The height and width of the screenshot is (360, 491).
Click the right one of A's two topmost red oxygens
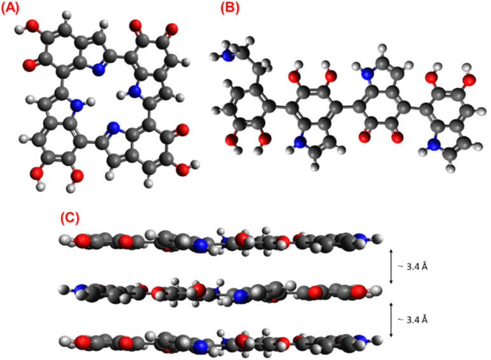pyautogui.click(x=170, y=28)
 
